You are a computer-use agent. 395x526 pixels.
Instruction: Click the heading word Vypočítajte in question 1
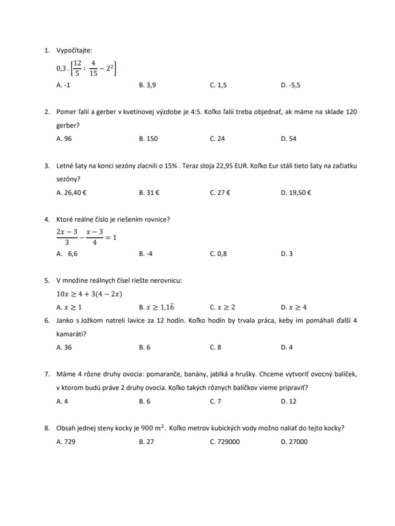pyautogui.click(x=74, y=50)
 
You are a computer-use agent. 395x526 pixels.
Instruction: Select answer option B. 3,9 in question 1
pyautogui.click(x=147, y=85)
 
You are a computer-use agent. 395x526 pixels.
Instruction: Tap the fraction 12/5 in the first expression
pyautogui.click(x=77, y=68)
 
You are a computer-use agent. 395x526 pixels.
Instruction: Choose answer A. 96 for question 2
pyautogui.click(x=64, y=139)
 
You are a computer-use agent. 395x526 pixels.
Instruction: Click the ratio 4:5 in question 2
pyautogui.click(x=196, y=112)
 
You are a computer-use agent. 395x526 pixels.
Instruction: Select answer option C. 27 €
pyautogui.click(x=220, y=193)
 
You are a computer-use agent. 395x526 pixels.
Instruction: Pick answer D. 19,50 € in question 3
pyautogui.click(x=296, y=193)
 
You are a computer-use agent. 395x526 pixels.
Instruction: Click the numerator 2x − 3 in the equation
pyautogui.click(x=67, y=232)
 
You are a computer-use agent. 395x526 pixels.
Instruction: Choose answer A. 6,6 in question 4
pyautogui.click(x=67, y=254)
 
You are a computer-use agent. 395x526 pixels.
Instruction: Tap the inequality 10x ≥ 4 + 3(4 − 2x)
pyautogui.click(x=89, y=294)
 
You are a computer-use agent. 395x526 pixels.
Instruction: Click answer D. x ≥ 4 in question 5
pyautogui.click(x=293, y=307)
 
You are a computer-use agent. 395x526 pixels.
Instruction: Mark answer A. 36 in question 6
pyautogui.click(x=64, y=347)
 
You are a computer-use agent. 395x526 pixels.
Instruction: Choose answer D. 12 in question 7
pyautogui.click(x=289, y=401)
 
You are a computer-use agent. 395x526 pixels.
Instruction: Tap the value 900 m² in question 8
pyautogui.click(x=153, y=428)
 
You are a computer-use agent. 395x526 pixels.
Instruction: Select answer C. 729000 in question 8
pyautogui.click(x=225, y=441)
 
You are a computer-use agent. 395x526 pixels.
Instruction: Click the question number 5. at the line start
pyautogui.click(x=47, y=281)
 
